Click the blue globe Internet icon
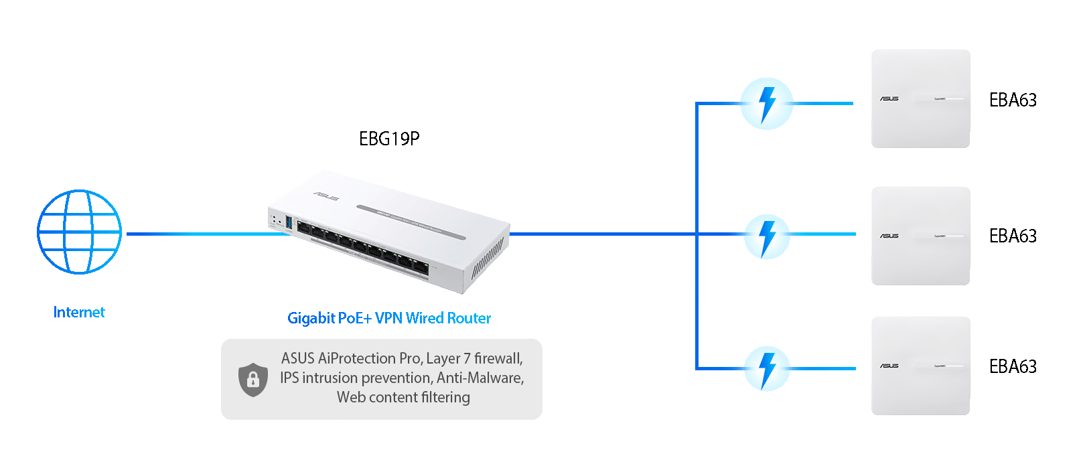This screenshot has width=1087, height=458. coord(79,232)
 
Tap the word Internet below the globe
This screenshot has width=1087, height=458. coord(79,312)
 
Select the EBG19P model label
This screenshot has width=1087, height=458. coord(389,139)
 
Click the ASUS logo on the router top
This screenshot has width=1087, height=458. coord(326,196)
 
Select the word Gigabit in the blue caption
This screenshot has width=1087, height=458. coord(311,318)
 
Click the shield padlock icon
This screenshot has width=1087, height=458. coord(252,380)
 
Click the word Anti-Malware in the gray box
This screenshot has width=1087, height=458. coord(480,378)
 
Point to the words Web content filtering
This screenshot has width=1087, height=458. coord(403,397)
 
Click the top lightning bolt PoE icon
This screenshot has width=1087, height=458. coord(767,104)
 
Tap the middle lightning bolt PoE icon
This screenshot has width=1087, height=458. coord(767,236)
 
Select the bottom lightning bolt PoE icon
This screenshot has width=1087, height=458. coord(767,368)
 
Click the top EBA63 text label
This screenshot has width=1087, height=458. coord(1013,100)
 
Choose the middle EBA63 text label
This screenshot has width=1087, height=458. coord(1013,236)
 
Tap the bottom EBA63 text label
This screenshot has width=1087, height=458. coord(1013,366)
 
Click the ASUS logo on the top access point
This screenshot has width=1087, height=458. coord(889,98)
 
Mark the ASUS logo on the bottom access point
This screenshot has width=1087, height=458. coord(889,366)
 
